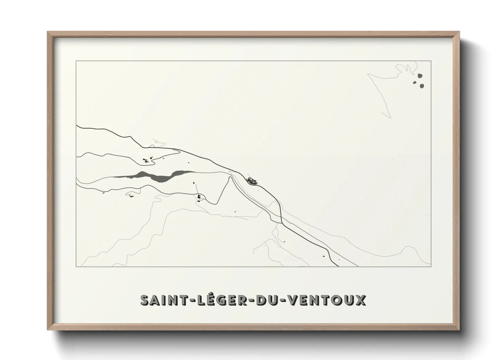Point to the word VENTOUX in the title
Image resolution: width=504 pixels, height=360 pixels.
click(327, 300)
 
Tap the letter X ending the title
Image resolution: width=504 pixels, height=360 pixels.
click(361, 300)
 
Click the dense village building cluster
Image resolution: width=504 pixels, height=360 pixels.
click(252, 181)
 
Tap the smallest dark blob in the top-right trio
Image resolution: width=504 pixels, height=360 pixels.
click(415, 82)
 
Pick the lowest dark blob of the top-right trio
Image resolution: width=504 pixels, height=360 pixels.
click(422, 86)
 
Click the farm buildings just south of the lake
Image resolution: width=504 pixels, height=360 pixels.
click(199, 197)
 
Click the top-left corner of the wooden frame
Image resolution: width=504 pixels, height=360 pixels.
click(48, 32)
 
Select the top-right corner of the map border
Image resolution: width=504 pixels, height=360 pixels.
click(431, 61)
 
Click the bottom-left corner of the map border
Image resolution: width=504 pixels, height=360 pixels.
click(76, 266)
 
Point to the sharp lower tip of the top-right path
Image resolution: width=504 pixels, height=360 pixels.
click(390, 118)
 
